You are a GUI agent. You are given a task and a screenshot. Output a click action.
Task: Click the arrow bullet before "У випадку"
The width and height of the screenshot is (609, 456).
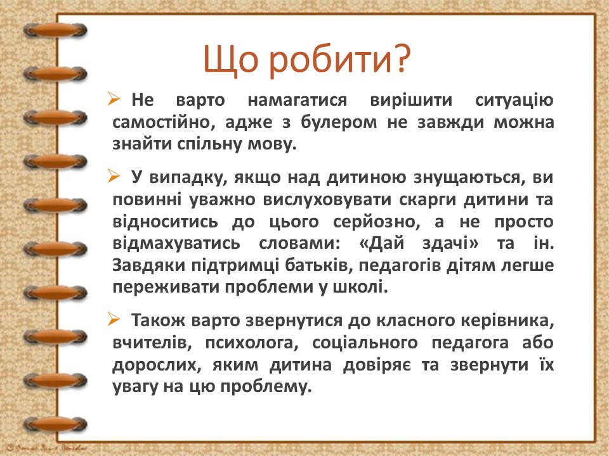tap(114, 175)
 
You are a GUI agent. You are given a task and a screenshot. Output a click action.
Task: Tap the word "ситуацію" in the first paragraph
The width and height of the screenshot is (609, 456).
tap(514, 100)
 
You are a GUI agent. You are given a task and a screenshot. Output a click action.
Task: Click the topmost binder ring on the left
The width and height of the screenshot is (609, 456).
tap(55, 31)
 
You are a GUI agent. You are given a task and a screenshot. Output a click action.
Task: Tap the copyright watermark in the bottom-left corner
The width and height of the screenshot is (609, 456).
tap(38, 448)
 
